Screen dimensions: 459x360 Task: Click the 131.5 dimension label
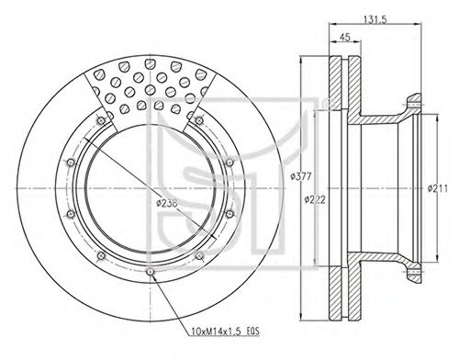(x=375, y=19)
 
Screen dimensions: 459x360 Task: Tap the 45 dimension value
(x=345, y=37)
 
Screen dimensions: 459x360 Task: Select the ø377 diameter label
(x=301, y=176)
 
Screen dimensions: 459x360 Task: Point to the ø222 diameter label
(x=315, y=199)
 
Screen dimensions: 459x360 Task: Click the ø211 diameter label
(x=438, y=188)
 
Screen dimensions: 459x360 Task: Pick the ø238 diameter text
(x=167, y=203)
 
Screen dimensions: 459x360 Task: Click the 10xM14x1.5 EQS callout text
(x=225, y=332)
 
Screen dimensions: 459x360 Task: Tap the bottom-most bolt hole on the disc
(x=150, y=272)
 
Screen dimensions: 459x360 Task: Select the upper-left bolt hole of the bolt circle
(x=100, y=120)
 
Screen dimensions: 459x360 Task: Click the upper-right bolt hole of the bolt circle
(x=199, y=120)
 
